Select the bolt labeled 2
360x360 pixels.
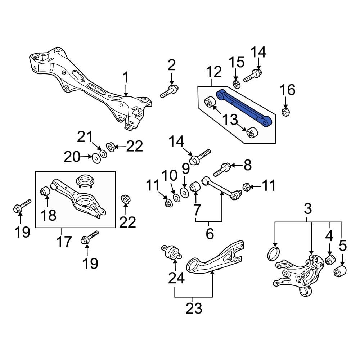[x=169, y=91]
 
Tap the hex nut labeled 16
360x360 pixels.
[x=285, y=112]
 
